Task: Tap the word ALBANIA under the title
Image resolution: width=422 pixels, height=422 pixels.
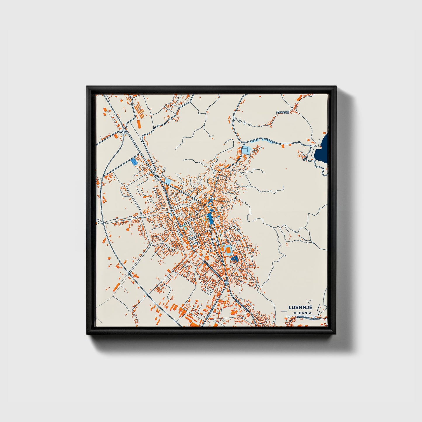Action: click(x=303, y=313)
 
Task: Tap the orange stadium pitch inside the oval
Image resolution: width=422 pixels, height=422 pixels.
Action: click(x=228, y=250)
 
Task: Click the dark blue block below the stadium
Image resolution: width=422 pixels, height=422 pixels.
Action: click(x=234, y=259)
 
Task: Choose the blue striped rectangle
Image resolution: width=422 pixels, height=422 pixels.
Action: click(x=134, y=162)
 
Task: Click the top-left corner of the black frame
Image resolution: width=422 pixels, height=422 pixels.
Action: click(x=87, y=87)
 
